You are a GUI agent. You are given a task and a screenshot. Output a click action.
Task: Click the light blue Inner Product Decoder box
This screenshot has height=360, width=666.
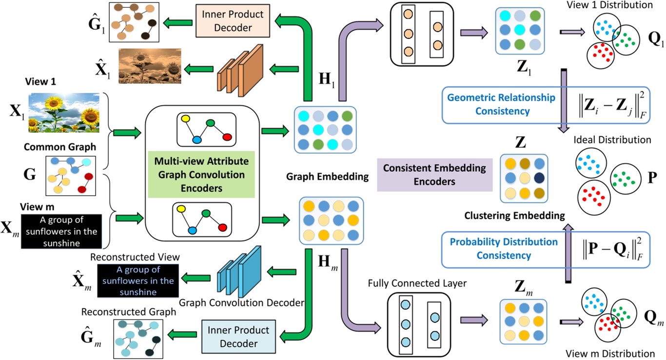[x=232, y=337]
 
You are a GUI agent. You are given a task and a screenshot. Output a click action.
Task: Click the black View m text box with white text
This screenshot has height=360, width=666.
[x=61, y=232]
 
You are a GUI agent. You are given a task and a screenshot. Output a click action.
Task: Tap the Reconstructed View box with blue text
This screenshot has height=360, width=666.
[x=138, y=280]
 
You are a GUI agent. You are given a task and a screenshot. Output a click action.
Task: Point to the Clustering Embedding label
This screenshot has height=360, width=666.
[x=514, y=215]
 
